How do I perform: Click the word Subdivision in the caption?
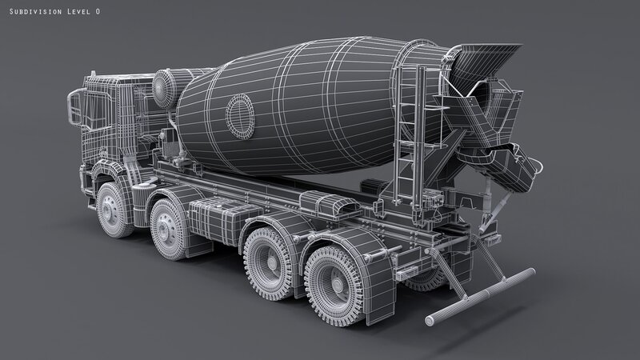click(x=35, y=11)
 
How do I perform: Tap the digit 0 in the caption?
click(x=98, y=11)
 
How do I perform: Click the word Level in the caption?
click(x=78, y=11)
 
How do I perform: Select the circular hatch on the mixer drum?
click(x=240, y=116)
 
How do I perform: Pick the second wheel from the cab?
click(x=168, y=230)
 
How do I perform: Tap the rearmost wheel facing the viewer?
click(x=335, y=286)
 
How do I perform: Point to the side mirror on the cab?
click(x=75, y=108)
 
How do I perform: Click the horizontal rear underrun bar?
click(x=480, y=297)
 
